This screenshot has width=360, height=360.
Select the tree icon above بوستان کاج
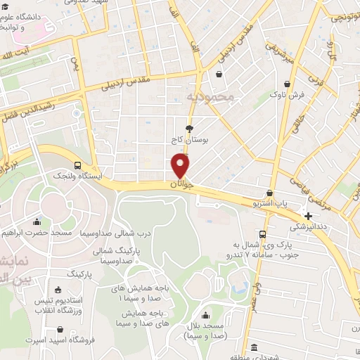point(188,128)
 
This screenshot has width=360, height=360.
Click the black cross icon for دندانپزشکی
point(308,215)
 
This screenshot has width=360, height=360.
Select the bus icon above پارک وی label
point(262,234)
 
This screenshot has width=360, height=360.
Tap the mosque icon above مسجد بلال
point(205,316)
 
